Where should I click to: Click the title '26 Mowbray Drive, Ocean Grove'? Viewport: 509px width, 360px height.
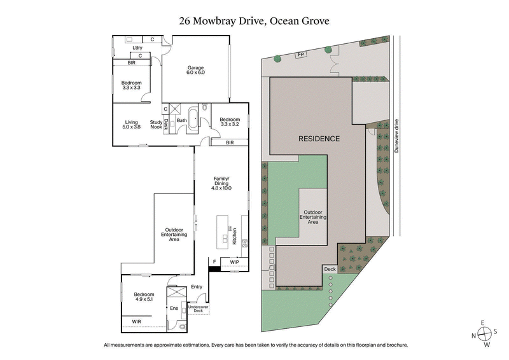point(254,20)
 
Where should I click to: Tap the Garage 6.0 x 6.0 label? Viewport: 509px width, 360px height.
point(195,70)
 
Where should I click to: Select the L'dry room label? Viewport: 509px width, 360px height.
point(137,48)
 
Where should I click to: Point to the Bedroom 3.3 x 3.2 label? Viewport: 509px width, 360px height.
point(230,122)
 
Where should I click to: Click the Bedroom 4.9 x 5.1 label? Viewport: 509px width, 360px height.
point(144,297)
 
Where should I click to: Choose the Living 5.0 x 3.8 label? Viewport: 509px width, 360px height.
point(132,125)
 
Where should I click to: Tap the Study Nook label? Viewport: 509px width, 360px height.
point(156,125)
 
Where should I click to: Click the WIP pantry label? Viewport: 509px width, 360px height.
point(234,261)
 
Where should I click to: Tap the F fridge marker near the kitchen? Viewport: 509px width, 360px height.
point(214,261)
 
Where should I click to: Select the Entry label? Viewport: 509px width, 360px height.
point(197,287)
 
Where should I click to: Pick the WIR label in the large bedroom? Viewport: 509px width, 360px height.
point(137,322)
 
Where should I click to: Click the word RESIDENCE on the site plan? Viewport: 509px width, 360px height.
point(319,139)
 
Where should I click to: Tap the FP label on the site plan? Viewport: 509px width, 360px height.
point(300,55)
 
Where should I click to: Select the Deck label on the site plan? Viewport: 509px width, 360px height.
point(330,269)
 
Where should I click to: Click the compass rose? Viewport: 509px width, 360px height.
point(485,335)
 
